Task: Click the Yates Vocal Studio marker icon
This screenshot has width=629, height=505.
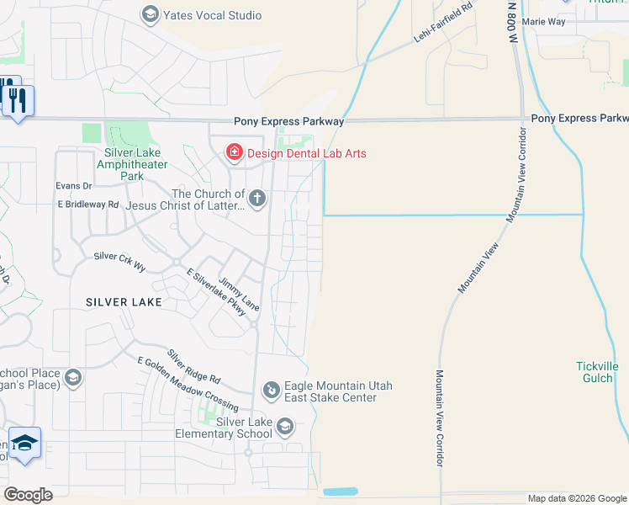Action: tap(151, 14)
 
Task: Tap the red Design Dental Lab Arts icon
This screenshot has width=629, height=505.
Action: tap(234, 152)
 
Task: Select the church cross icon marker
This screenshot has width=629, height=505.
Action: tap(257, 199)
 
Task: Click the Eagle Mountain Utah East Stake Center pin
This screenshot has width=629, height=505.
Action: tap(272, 390)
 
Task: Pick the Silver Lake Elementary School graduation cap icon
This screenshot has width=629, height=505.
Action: tap(284, 428)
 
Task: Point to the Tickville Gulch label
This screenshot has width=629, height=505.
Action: tap(596, 372)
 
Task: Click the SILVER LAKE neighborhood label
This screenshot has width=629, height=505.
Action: tap(123, 301)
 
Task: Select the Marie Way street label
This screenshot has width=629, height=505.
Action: tap(543, 21)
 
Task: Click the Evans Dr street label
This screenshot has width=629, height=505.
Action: tap(73, 185)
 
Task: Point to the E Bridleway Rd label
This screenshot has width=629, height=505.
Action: tap(88, 205)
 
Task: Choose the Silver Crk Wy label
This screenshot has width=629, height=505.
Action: tap(119, 261)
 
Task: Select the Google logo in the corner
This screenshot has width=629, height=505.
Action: tap(28, 495)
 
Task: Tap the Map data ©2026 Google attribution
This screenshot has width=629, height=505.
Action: tap(576, 498)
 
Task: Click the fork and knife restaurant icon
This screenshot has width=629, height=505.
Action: tap(17, 101)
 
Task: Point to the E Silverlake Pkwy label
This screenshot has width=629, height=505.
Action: tap(217, 292)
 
